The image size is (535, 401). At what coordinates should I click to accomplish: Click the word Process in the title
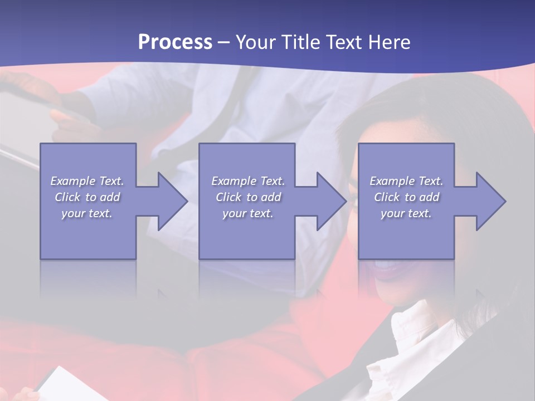(175, 42)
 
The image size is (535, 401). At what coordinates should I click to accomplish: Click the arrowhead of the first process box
(171, 201)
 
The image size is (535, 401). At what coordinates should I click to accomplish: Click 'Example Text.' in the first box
(87, 181)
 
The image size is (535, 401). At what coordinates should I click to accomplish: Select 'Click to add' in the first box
(87, 197)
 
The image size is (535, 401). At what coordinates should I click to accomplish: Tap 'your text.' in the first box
(87, 213)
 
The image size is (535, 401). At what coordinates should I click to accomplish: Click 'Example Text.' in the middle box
(247, 181)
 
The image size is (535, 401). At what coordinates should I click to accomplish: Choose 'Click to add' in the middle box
(247, 197)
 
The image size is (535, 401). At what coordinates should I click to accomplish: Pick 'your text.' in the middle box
(247, 213)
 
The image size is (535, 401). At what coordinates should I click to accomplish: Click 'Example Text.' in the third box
(406, 181)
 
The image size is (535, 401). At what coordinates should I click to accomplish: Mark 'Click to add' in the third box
(406, 197)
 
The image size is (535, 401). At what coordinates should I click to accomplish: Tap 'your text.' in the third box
(406, 213)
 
